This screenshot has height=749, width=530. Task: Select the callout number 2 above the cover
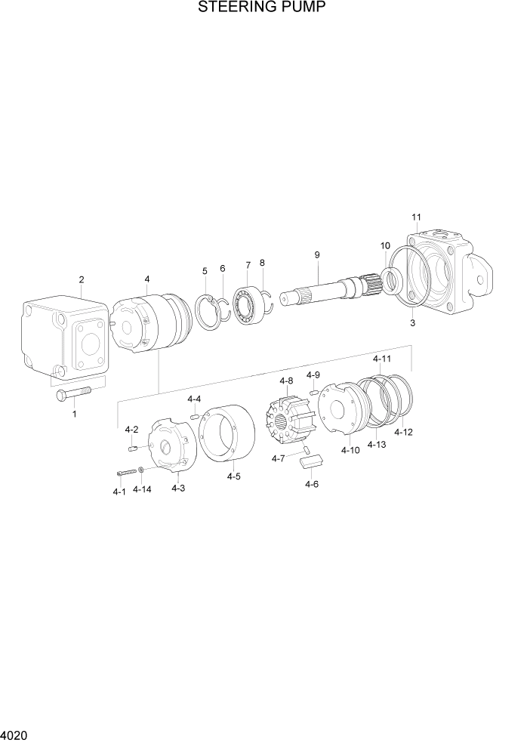tap(82, 281)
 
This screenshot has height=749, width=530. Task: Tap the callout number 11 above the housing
tap(416, 218)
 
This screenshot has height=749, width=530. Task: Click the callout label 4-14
tap(142, 489)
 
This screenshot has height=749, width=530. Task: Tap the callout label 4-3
tap(178, 489)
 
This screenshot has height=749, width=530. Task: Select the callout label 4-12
tap(404, 433)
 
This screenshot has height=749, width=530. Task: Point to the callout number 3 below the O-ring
tap(412, 323)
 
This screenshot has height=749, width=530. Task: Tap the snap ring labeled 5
tap(207, 311)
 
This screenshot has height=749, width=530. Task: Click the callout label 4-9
tap(313, 374)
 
